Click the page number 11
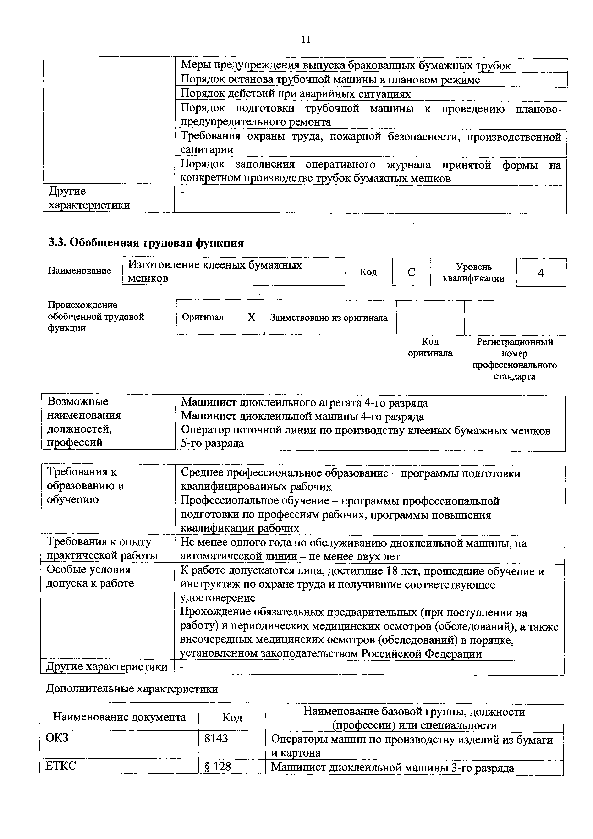(305, 39)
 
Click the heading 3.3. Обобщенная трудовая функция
(146, 243)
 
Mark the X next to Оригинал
(251, 317)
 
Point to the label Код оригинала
(430, 347)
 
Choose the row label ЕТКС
(61, 766)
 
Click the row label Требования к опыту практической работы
(102, 548)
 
